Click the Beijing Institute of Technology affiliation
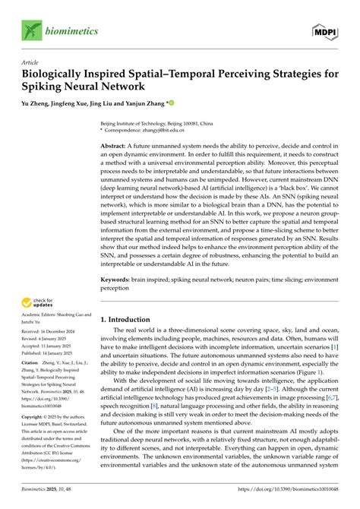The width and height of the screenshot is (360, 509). (154, 122)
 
